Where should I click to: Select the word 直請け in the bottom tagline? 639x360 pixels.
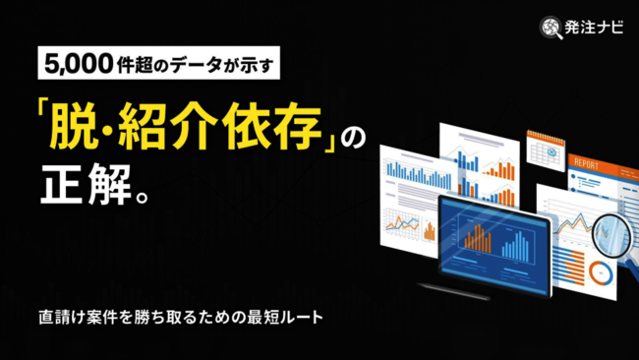point(64,319)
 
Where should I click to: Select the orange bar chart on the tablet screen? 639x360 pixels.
point(478,237)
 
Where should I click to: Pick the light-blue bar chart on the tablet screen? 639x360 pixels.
point(517,244)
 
